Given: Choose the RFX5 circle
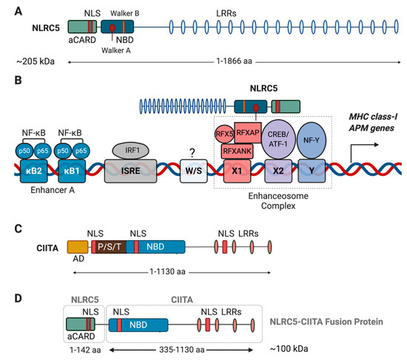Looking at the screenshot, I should pos(223,133).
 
